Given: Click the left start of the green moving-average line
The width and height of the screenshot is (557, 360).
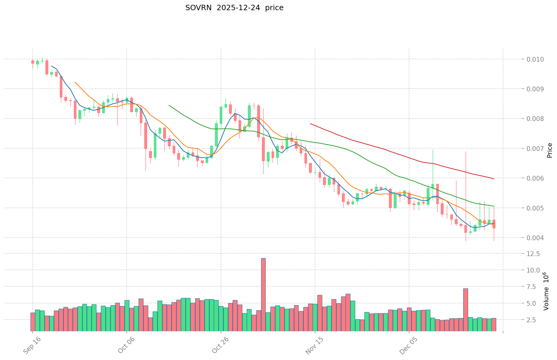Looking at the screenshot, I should (169, 105).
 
